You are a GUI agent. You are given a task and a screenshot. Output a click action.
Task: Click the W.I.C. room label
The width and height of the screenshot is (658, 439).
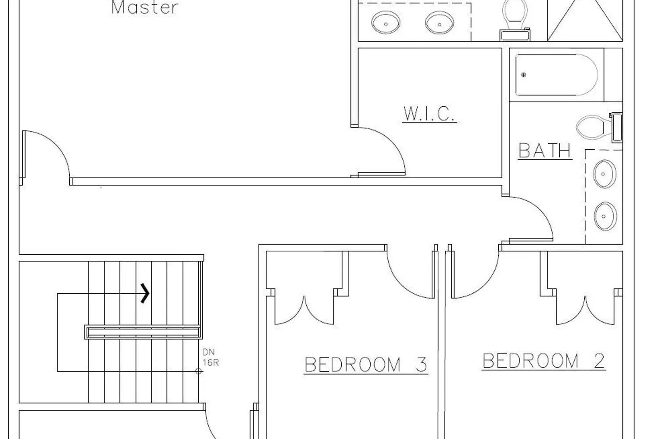[429, 114]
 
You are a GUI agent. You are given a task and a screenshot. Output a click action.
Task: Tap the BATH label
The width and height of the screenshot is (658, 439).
[545, 151]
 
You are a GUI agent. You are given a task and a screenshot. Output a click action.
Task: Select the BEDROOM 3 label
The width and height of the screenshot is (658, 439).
[366, 365]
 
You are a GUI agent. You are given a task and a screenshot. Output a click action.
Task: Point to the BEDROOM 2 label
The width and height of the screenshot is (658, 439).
[544, 361]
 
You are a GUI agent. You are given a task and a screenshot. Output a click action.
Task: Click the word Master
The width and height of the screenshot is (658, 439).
[144, 7]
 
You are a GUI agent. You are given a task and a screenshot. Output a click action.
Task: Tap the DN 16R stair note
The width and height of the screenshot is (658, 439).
[210, 357]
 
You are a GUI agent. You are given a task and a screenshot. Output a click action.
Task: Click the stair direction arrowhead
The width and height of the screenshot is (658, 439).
[145, 293]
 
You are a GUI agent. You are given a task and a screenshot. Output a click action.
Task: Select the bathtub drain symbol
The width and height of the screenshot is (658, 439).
[523, 75]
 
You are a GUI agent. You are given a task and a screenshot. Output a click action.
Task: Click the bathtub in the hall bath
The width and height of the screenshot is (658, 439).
[557, 75]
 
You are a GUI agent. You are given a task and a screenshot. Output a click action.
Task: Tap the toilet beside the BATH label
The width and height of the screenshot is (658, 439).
[599, 127]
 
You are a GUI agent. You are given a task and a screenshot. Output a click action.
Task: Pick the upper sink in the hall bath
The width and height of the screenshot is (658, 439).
[605, 174]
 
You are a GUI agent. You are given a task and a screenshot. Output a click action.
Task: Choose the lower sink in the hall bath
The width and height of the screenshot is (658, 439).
[605, 216]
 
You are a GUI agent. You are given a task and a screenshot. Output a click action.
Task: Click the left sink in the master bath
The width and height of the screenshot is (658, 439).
[386, 23]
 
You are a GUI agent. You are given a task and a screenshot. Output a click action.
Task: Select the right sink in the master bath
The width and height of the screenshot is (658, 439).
[440, 23]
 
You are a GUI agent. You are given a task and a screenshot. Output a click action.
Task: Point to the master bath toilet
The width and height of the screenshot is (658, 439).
[515, 19]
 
